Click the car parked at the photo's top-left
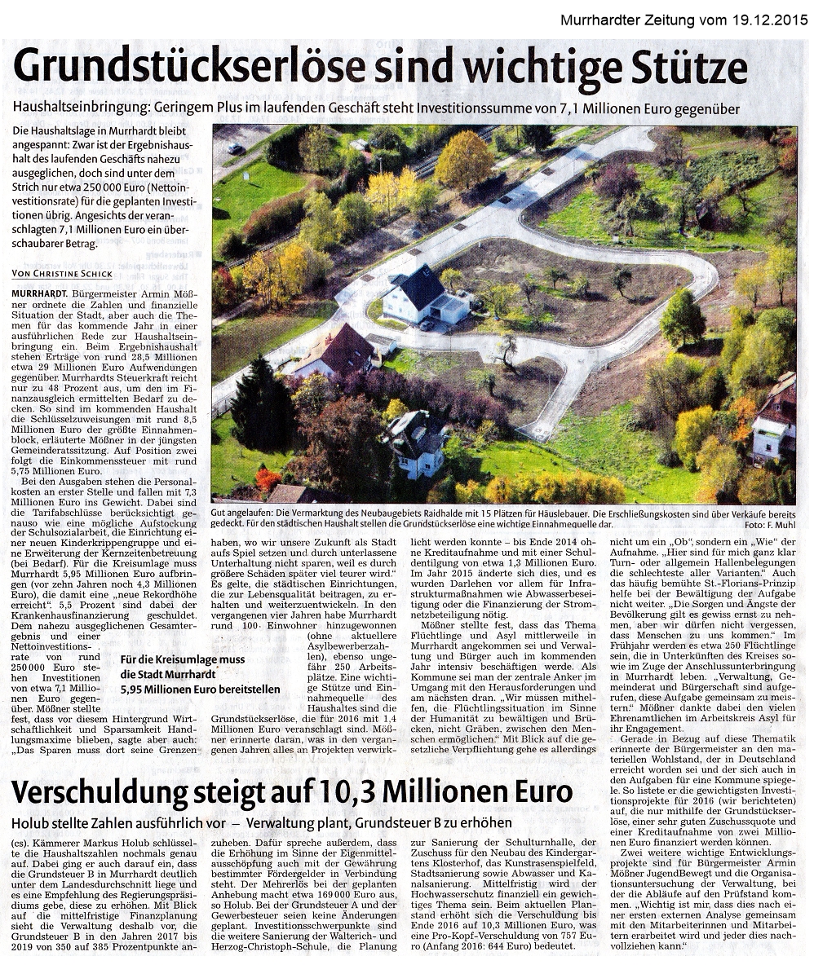pyautogui.click(x=236, y=148)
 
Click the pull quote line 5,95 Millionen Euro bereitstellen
pyautogui.click(x=200, y=689)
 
